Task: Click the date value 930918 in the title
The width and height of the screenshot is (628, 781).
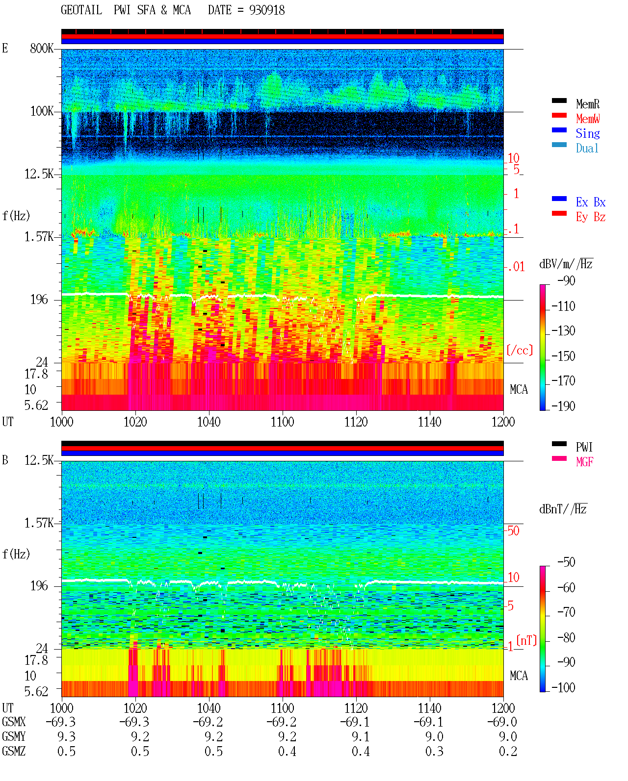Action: point(266,10)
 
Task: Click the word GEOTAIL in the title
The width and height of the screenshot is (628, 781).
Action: point(81,10)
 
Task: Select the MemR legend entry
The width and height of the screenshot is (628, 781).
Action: point(588,104)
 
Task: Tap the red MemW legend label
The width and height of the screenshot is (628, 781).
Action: point(588,119)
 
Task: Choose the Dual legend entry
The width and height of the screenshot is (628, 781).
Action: point(587,148)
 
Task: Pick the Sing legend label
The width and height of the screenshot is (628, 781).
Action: point(588,133)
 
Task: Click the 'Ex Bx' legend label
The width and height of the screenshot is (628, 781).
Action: point(591,202)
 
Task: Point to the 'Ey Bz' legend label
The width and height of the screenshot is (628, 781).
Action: point(591,217)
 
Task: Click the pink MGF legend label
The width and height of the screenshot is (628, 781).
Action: point(584,462)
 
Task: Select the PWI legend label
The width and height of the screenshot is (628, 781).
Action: point(584,447)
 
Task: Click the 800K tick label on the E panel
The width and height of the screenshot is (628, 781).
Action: point(42,48)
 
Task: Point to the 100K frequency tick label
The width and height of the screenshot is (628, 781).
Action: point(42,111)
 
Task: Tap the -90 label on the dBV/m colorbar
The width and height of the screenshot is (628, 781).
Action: point(566,280)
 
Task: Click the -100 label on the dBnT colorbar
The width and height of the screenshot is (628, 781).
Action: point(563,687)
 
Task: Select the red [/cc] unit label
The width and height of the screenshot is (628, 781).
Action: point(520,350)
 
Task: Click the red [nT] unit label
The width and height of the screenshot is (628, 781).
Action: point(526,640)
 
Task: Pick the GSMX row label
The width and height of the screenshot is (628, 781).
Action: point(14,722)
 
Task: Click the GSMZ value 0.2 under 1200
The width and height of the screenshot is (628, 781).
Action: point(508,751)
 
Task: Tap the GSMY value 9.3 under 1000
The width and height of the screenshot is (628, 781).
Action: point(66,736)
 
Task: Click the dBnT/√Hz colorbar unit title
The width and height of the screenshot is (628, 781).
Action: point(563,509)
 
